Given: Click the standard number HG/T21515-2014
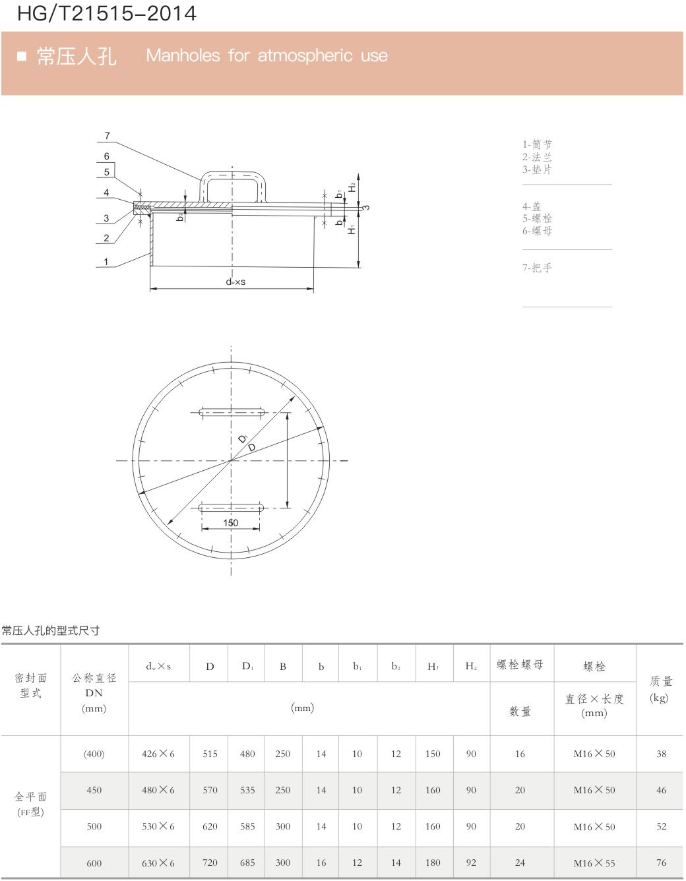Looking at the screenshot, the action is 107,14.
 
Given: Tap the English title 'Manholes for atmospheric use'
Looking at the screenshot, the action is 266,55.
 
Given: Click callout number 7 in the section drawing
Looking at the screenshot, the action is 107,136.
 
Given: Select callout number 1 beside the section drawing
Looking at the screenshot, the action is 106,262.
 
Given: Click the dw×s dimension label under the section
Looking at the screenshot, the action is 235,282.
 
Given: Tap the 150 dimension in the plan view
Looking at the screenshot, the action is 231,523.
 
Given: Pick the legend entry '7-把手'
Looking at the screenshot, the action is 537,268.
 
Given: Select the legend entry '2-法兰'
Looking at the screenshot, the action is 537,157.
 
